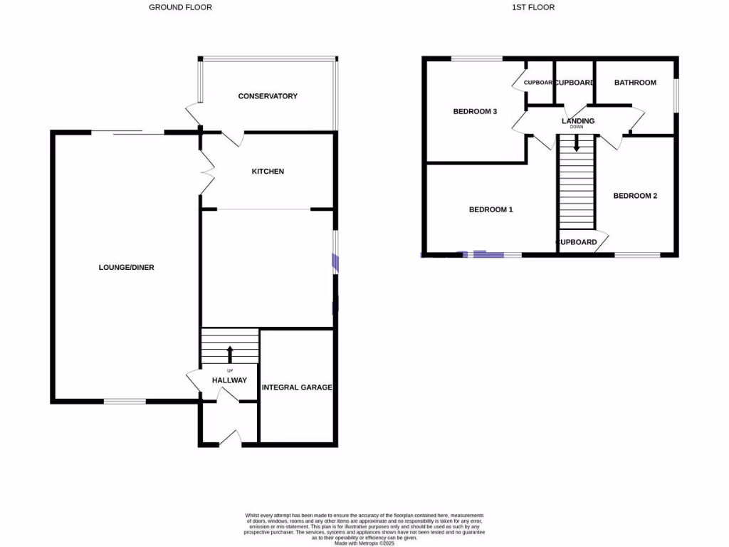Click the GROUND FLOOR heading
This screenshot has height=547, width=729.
(180, 7)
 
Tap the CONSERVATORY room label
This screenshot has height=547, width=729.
(268, 96)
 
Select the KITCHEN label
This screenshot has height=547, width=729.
(268, 172)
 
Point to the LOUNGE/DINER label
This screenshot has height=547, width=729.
(127, 268)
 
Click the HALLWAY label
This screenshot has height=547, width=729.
(229, 380)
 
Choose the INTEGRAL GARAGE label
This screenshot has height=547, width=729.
(297, 387)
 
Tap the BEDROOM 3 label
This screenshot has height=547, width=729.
(475, 111)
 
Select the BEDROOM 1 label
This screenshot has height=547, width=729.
(491, 210)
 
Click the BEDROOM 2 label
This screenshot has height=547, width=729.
(635, 196)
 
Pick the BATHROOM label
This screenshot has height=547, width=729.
(635, 83)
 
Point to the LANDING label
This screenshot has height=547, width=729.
(577, 121)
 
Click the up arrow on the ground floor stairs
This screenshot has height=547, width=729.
(229, 353)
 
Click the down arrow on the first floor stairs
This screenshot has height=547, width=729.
(577, 144)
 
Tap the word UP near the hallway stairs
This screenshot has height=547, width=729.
(229, 371)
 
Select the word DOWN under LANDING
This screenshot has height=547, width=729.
(577, 127)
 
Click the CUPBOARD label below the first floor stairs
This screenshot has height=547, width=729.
(577, 242)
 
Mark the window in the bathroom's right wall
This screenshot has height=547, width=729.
(676, 95)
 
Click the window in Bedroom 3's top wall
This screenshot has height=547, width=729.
(476, 58)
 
